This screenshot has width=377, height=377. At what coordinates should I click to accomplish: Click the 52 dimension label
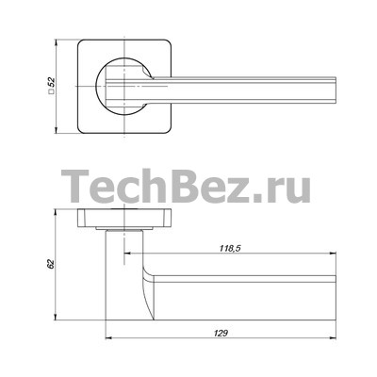pos(52,82)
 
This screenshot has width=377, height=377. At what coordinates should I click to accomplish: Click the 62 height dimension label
pos(51,264)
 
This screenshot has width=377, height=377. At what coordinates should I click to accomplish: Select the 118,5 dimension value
pos(230,248)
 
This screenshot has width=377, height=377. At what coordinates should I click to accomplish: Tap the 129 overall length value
pos(221,334)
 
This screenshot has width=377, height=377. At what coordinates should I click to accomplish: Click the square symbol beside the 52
pos(52,91)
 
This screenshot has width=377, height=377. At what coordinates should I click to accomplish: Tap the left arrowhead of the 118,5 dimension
pos(128,253)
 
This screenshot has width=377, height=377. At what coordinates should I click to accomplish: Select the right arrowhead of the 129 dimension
pos(333,338)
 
